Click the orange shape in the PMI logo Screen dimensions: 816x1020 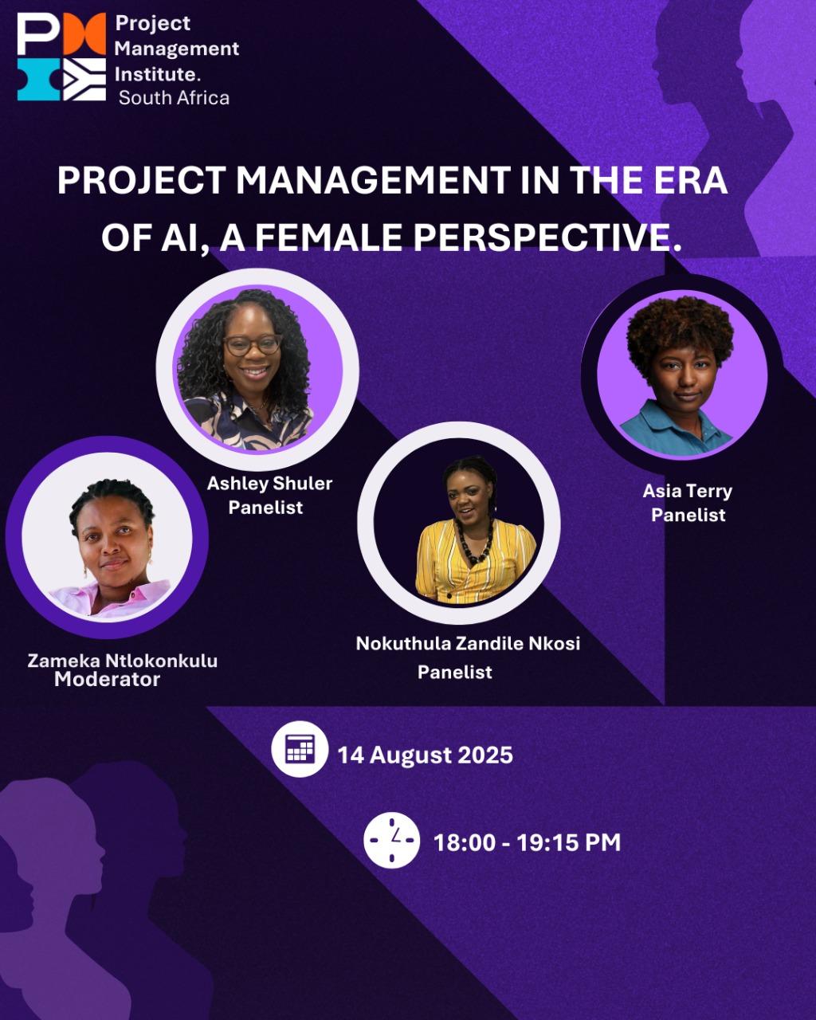click(x=84, y=33)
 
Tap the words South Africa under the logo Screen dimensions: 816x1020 click(x=174, y=98)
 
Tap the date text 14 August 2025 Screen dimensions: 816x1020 click(x=426, y=755)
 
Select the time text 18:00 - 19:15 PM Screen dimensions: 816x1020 click(x=527, y=842)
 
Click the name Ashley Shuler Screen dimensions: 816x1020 click(x=270, y=484)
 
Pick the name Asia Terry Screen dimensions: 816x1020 click(x=688, y=491)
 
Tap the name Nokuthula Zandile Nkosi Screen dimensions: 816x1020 click(x=468, y=643)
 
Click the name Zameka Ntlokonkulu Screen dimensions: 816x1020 click(x=123, y=661)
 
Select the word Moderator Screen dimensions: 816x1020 click(x=107, y=679)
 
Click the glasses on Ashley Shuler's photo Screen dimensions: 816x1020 click(x=253, y=344)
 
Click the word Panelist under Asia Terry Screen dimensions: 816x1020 click(x=688, y=516)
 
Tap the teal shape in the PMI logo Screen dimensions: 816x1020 click(x=39, y=80)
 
